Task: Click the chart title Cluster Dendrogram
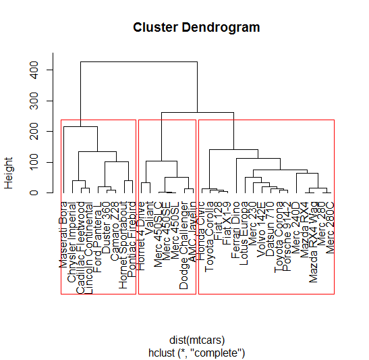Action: pyautogui.click(x=196, y=28)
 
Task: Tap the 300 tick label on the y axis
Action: pyautogui.click(x=41, y=101)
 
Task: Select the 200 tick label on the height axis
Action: pyautogui.click(x=41, y=132)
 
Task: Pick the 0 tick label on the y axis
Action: pyautogui.click(x=41, y=193)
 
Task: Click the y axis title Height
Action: pyautogui.click(x=9, y=173)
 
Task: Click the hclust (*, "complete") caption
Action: pyautogui.click(x=197, y=353)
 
